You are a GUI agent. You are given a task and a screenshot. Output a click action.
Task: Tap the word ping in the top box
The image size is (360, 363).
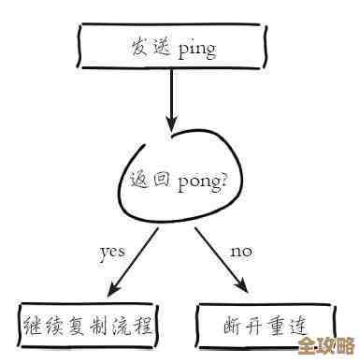[196, 46]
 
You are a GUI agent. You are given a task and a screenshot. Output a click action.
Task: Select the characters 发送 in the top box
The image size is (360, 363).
[151, 45]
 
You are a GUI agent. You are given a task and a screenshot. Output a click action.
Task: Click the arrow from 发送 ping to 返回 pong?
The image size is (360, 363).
[171, 94]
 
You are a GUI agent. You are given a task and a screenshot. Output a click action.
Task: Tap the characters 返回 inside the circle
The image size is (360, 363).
[150, 177]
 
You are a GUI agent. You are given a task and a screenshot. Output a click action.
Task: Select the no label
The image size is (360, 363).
[239, 251]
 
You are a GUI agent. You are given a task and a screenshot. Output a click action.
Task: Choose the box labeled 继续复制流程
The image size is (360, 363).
[86, 326]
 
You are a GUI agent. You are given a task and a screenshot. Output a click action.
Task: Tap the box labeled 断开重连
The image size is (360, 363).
[266, 326]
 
